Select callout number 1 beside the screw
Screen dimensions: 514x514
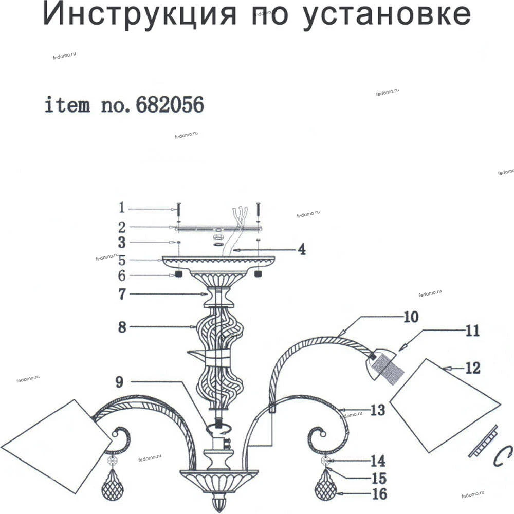[122, 208]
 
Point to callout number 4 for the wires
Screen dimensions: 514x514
[301, 250]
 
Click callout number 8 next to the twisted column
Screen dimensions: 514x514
[122, 327]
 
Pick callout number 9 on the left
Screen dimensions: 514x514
[119, 382]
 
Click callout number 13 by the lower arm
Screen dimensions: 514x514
[378, 410]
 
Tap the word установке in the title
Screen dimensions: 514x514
[385, 15]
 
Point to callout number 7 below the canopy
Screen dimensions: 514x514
[122, 294]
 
